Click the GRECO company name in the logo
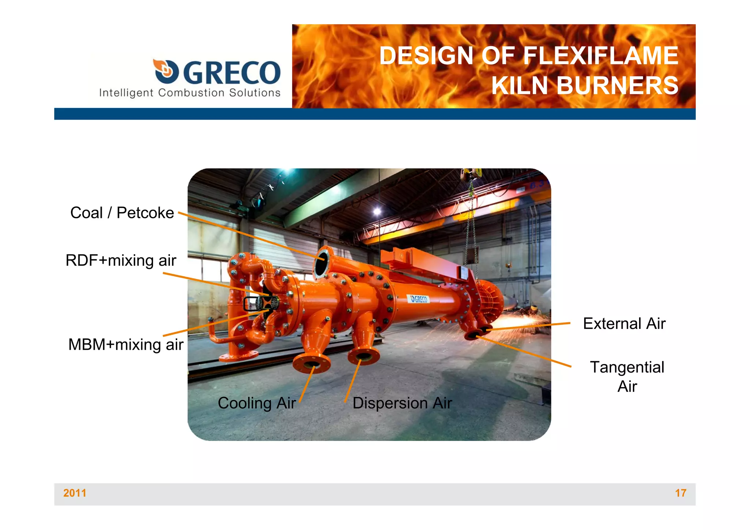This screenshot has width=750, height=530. pyautogui.click(x=231, y=73)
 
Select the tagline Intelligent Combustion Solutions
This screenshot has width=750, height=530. pyautogui.click(x=190, y=93)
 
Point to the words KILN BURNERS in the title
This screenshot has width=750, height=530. pyautogui.click(x=585, y=86)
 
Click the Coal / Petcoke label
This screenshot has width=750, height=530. pyautogui.click(x=122, y=213)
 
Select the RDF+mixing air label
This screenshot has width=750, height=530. pyautogui.click(x=121, y=260)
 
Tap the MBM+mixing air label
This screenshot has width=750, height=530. pyautogui.click(x=126, y=345)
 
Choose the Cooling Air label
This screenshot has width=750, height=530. pyautogui.click(x=256, y=403)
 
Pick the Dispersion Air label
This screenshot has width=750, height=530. pyautogui.click(x=402, y=403)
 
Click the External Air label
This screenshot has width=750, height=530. pyautogui.click(x=624, y=324)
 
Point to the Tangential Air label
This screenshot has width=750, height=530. pyautogui.click(x=627, y=377)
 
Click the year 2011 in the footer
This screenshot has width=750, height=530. pyautogui.click(x=75, y=493)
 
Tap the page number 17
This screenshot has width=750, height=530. pyautogui.click(x=680, y=493)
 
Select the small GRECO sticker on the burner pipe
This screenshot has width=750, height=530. pyautogui.click(x=419, y=299)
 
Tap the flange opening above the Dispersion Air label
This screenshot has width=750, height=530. pyautogui.click(x=363, y=355)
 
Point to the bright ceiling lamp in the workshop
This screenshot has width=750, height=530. pyautogui.click(x=377, y=211)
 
